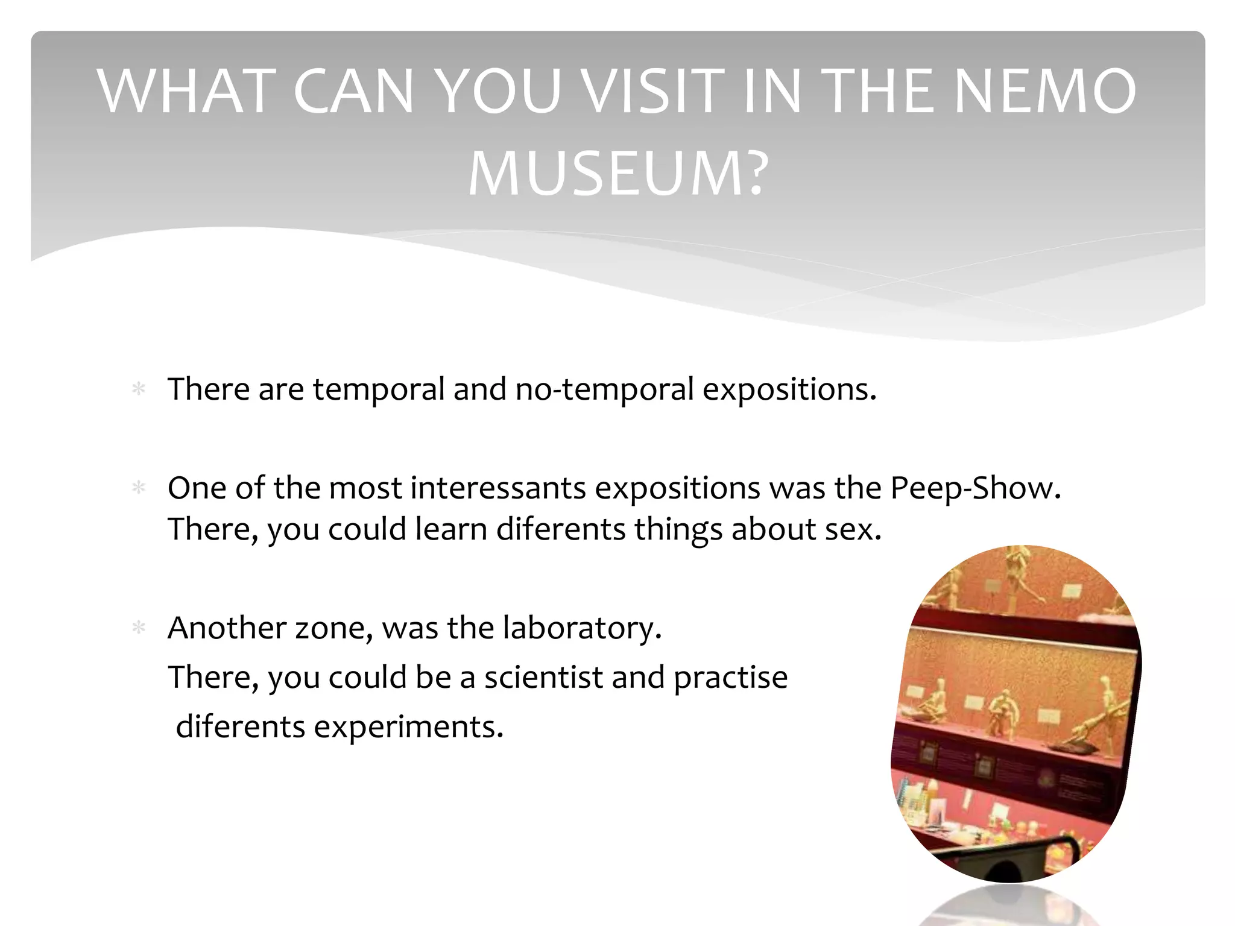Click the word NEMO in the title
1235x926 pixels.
1046,92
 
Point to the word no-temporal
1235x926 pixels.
604,389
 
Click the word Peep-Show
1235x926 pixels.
975,488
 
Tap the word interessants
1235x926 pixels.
497,488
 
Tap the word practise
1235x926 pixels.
730,678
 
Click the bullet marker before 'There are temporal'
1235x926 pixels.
139,389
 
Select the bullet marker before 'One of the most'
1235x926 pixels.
139,488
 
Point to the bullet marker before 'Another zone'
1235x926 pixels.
139,628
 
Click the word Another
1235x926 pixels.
226,628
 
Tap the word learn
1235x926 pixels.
450,529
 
